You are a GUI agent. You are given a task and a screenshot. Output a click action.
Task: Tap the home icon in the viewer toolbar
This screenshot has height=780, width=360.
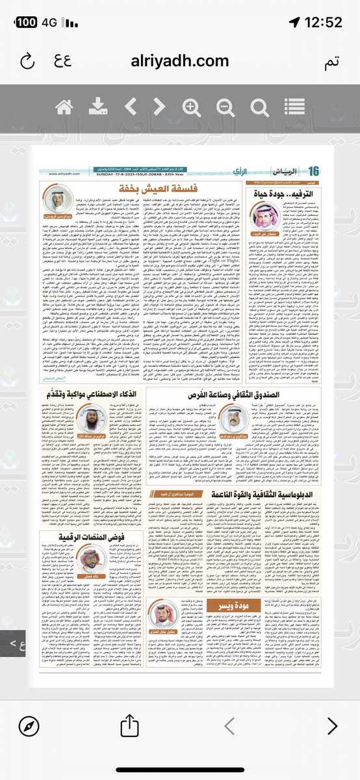tap(64, 107)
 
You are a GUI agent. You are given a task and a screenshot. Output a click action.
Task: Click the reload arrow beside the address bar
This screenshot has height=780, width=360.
tap(27, 62)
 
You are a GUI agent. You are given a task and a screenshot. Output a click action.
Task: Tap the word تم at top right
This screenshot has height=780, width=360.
tap(332, 62)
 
